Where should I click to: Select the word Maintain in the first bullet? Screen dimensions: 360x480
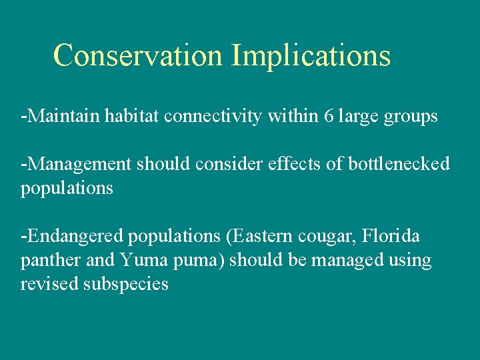(64, 116)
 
